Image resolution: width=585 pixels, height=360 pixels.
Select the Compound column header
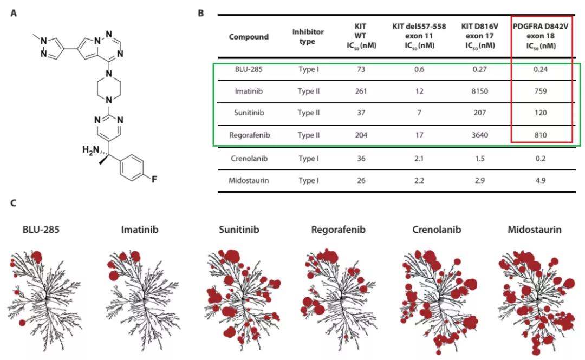coord(249,37)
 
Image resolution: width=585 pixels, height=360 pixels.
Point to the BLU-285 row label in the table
coord(249,69)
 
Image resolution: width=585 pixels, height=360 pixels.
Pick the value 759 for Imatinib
coord(542,91)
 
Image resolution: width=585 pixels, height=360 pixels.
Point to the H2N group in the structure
coord(90,149)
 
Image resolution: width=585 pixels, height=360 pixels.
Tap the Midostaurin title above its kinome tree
coord(534,230)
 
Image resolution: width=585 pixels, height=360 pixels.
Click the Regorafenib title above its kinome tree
coord(339,230)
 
